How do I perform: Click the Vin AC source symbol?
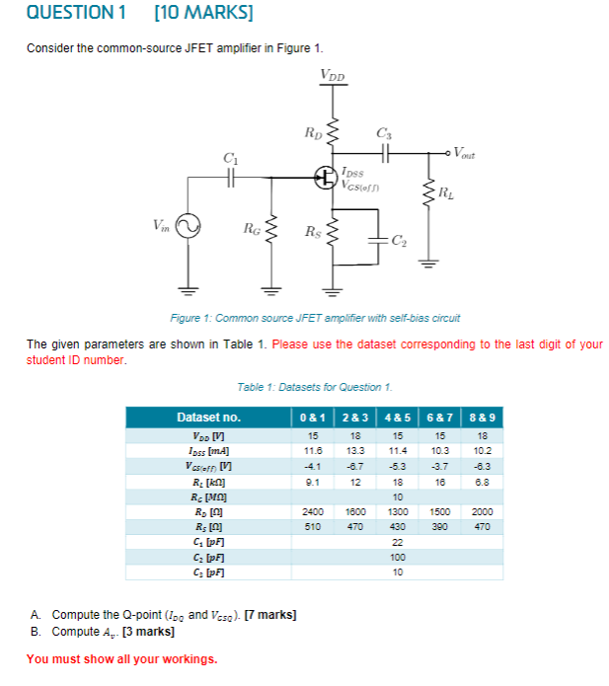pyautogui.click(x=187, y=228)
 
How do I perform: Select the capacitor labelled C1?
pyautogui.click(x=231, y=178)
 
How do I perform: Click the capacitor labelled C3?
pyautogui.click(x=384, y=152)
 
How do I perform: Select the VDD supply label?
pyautogui.click(x=333, y=76)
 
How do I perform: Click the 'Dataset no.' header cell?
pyautogui.click(x=208, y=418)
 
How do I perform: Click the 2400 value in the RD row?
pyautogui.click(x=313, y=512)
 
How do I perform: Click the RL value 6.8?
pyautogui.click(x=484, y=481)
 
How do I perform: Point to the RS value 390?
pyautogui.click(x=440, y=528)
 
